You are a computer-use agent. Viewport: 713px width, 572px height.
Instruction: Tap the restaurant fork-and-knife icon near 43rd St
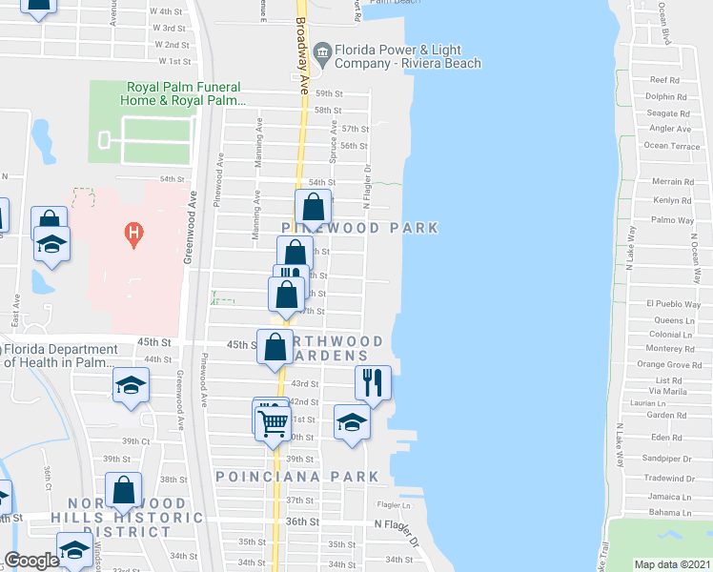pos(373,381)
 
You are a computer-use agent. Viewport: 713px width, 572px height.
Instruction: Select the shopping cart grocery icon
pos(274,419)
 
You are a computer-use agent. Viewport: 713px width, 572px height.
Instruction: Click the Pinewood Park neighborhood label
pos(360,228)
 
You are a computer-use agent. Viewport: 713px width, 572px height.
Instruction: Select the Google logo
pos(31,562)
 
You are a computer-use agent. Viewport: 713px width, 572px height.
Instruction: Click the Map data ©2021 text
pos(673,564)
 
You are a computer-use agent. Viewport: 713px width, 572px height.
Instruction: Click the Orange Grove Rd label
pos(669,364)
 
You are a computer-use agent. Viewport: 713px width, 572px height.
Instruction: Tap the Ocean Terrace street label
pos(671,146)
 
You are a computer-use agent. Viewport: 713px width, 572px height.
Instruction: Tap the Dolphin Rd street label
pos(666,96)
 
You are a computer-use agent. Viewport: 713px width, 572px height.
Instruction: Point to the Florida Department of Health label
pos(59,355)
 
